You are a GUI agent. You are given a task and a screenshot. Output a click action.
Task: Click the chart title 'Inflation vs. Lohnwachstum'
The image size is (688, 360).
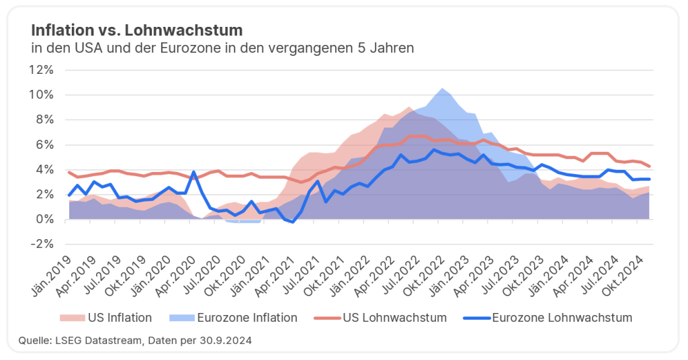137,30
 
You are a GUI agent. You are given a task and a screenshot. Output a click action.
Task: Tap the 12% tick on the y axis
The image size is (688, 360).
42,70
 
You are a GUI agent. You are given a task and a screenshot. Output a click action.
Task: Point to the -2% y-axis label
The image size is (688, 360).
42,244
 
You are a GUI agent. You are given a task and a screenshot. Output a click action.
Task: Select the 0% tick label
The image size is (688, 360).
45,220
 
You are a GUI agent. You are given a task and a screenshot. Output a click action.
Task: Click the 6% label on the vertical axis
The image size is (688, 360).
45,144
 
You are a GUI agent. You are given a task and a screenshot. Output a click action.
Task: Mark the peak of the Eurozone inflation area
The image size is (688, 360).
441,89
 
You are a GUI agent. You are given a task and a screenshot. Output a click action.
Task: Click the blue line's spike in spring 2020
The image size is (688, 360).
193,172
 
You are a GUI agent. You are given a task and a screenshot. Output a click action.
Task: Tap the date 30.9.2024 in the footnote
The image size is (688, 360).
228,341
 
